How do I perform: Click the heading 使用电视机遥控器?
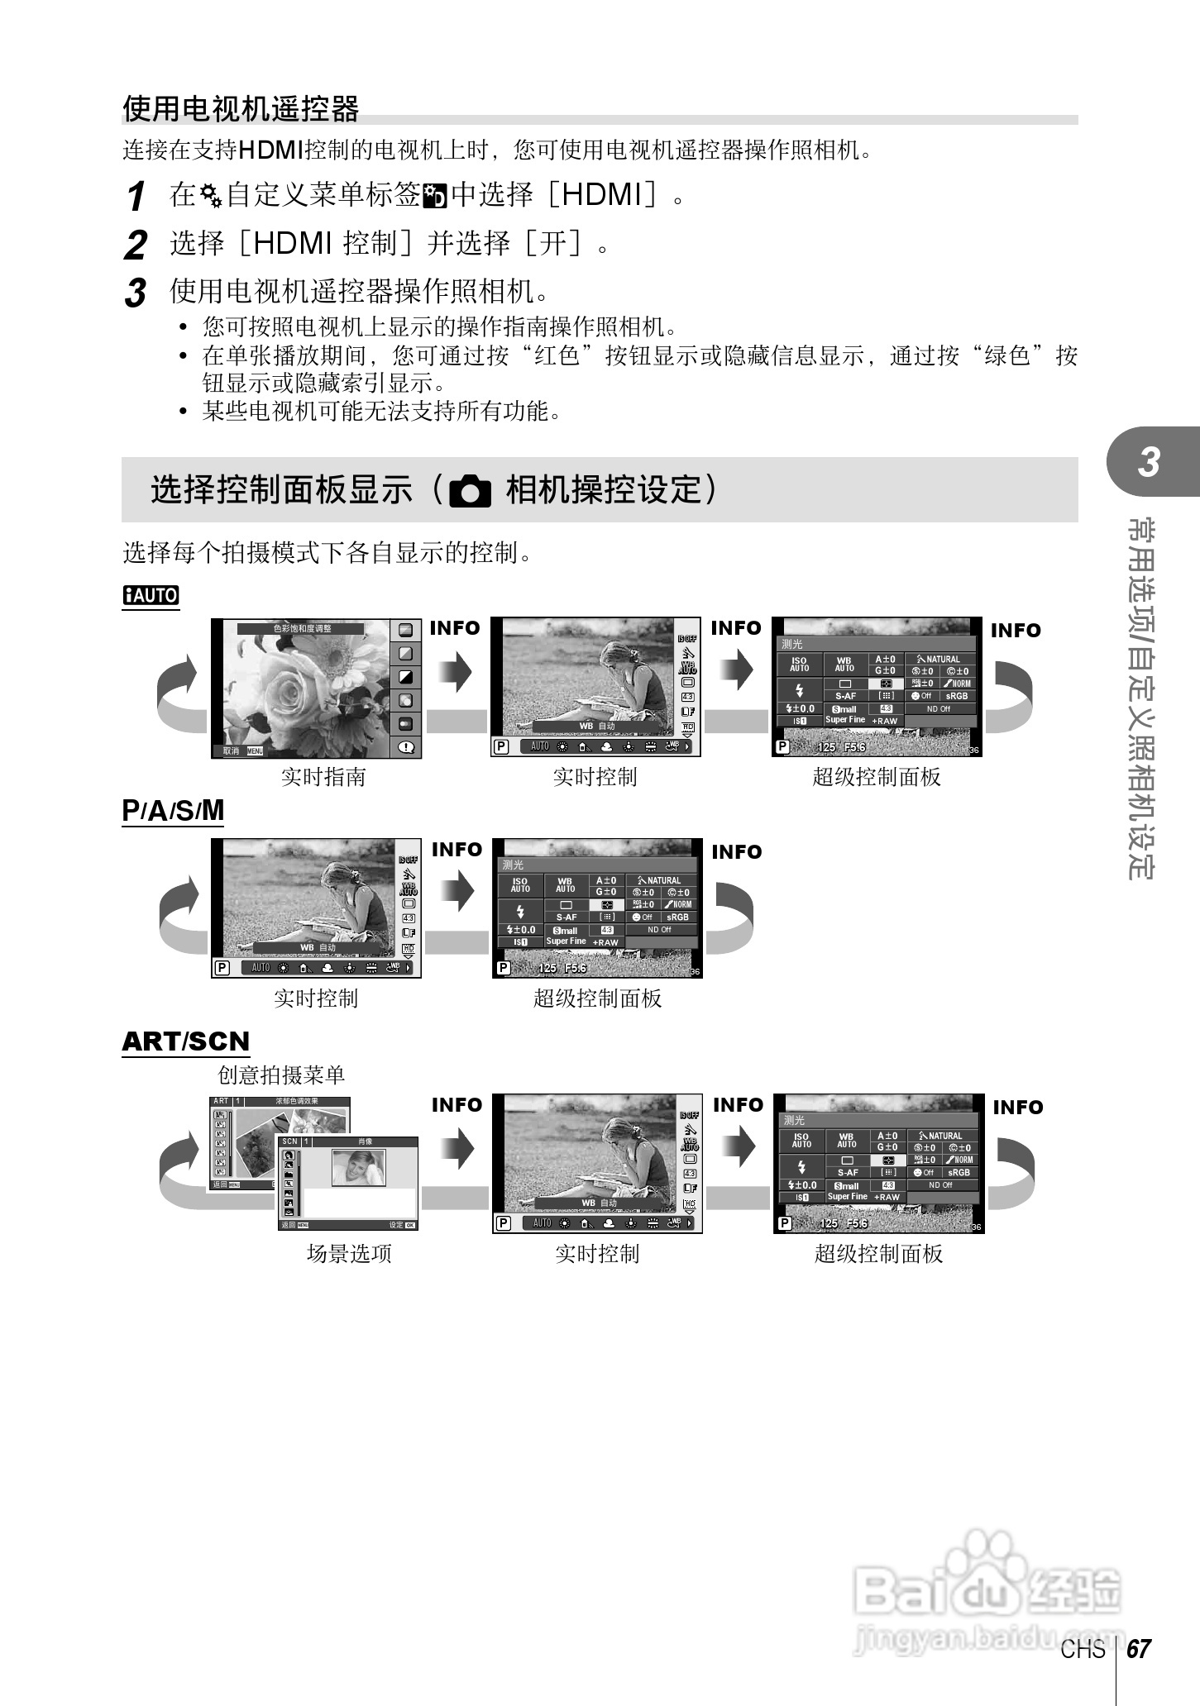point(241,108)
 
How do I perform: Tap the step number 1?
point(136,197)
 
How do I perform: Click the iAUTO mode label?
point(151,595)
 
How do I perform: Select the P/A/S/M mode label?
point(173,811)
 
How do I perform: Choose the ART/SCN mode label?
point(185,1041)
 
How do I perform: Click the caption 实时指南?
point(323,777)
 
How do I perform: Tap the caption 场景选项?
point(349,1254)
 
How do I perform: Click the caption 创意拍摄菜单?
point(281,1075)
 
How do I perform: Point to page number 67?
point(1139,1649)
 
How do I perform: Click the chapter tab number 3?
point(1149,463)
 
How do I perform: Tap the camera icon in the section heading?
point(470,491)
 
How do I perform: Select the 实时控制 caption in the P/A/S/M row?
point(316,998)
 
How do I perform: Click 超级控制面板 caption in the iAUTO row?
point(877,777)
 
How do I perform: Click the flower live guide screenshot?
point(317,688)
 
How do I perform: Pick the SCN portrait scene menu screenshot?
point(348,1182)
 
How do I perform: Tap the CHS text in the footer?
point(1083,1650)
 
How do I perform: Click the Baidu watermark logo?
point(988,1591)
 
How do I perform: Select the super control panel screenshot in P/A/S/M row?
point(597,908)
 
